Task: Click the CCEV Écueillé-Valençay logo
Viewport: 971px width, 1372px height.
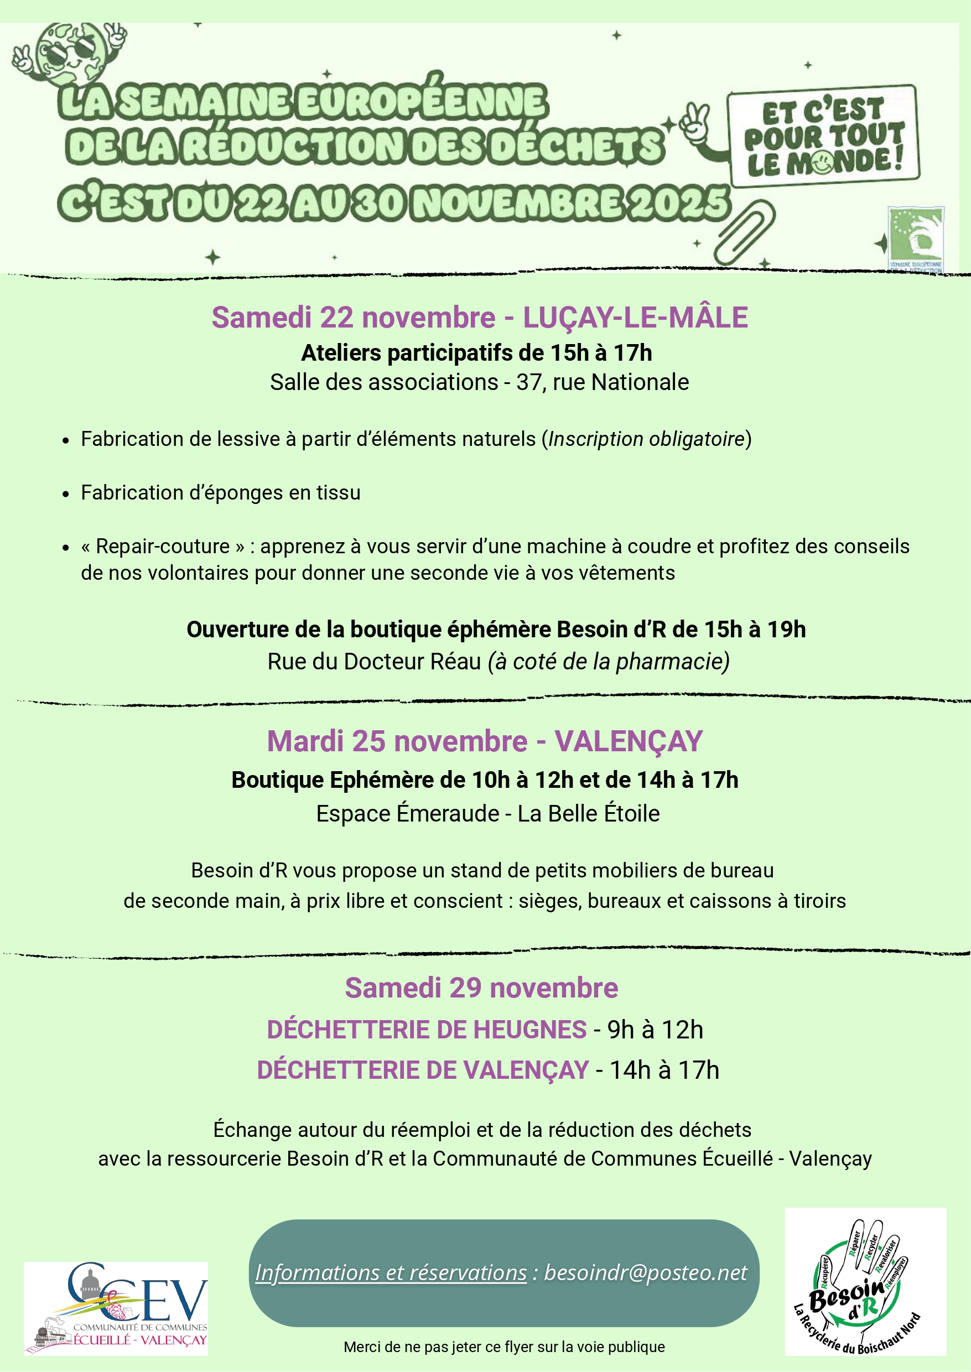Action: tap(116, 1307)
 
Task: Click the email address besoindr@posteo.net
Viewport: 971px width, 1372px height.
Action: tap(645, 1272)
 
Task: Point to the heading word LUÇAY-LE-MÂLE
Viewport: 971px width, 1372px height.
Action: tap(635, 318)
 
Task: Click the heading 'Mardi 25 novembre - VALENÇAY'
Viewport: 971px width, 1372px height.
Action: tap(485, 741)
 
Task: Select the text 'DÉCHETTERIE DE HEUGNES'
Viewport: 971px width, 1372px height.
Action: tap(427, 1030)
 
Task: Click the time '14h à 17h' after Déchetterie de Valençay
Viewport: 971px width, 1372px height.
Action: tap(664, 1070)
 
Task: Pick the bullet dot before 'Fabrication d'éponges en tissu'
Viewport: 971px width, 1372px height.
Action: tap(66, 494)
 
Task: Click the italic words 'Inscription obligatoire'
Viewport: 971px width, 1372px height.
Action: tap(646, 439)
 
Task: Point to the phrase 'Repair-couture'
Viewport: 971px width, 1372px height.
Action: tap(163, 547)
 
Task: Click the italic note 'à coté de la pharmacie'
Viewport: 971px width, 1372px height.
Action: tap(609, 661)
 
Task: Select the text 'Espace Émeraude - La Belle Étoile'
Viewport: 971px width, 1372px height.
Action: tap(488, 814)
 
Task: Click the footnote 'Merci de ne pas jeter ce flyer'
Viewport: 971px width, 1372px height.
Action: tap(504, 1347)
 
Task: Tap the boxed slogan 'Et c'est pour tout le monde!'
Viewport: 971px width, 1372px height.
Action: tap(823, 137)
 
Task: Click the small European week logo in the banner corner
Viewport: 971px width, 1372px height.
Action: tap(915, 238)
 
